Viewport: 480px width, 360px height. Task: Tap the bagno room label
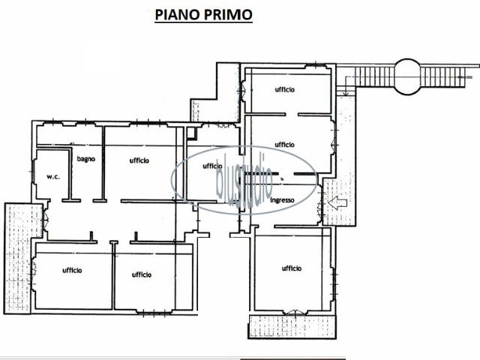pos(86,159)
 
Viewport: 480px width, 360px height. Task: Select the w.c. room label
pos(53,177)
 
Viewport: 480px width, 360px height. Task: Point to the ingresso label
pos(282,200)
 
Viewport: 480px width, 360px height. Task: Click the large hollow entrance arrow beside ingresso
pos(337,202)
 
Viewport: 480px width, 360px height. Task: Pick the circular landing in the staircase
pos(407,76)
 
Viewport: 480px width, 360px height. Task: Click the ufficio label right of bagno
pos(139,160)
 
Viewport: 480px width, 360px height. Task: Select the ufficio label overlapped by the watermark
pos(212,166)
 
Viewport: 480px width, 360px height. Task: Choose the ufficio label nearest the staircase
pos(285,89)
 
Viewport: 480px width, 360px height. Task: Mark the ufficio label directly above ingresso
pos(285,145)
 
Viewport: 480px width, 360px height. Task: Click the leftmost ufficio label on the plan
pos(72,270)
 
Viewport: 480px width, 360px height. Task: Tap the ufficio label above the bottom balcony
pos(292,268)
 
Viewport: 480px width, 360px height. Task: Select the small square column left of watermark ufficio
pos(191,133)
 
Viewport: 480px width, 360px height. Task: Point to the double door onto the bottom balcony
pos(295,312)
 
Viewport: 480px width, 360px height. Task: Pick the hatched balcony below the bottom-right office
pos(292,327)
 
